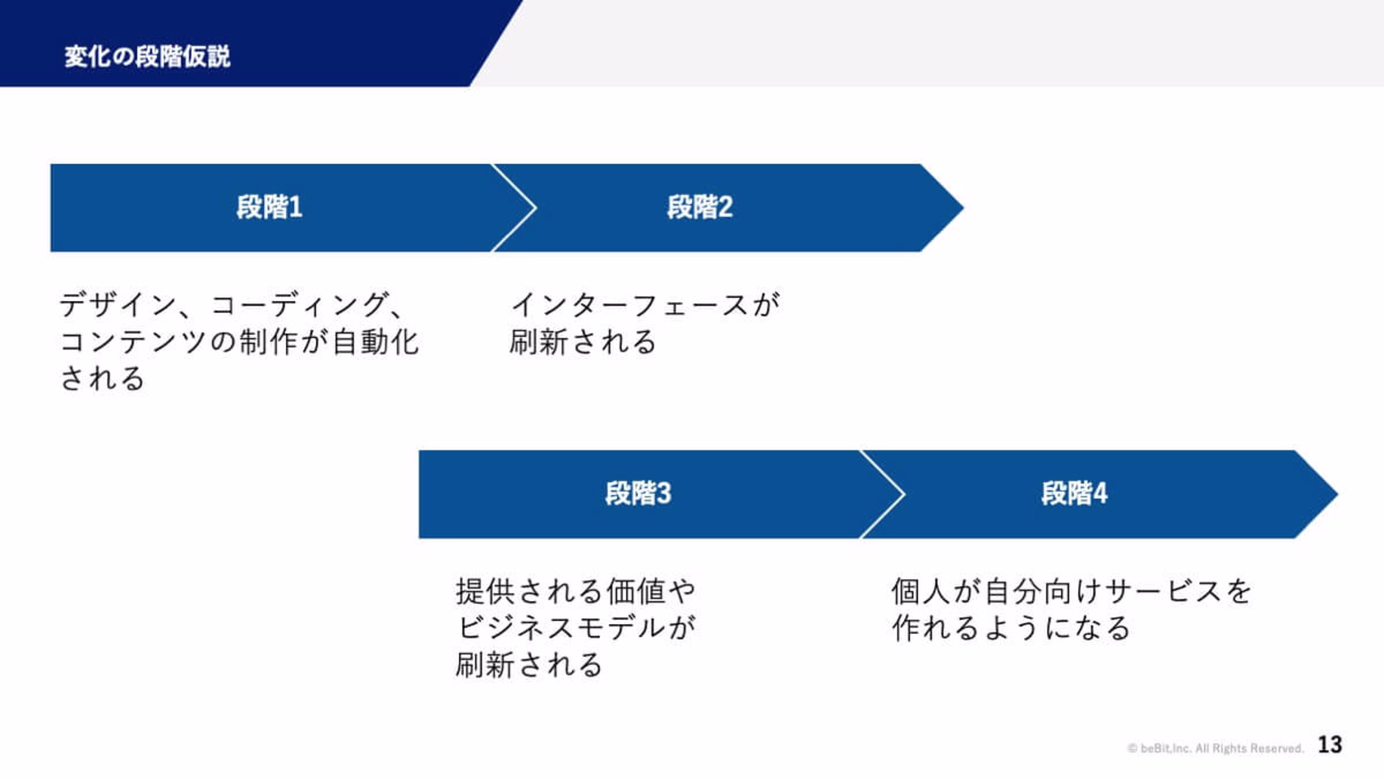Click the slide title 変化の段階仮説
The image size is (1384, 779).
pos(147,57)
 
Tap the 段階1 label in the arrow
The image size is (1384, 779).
pos(269,207)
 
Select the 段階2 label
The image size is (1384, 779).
pos(700,207)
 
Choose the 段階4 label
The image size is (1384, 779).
pos(1074,493)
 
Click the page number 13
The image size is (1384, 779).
pos(1330,745)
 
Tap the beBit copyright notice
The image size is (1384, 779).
pos(1215,748)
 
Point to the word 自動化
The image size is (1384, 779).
pos(375,343)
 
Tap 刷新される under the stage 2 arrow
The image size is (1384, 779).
pos(583,343)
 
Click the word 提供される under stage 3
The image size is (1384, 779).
pos(529,591)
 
